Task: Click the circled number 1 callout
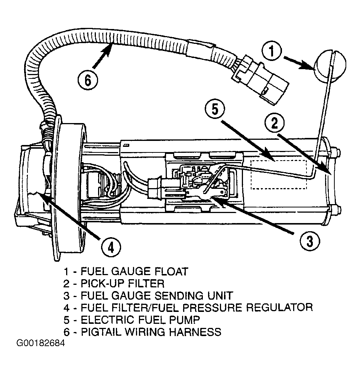click(x=272, y=51)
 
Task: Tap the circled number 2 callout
click(x=275, y=123)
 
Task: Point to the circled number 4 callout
click(x=111, y=248)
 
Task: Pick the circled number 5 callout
click(x=215, y=110)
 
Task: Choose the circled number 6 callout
click(x=88, y=80)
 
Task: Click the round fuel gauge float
click(x=330, y=65)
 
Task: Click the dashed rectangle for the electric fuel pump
click(x=279, y=175)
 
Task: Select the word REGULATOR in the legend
click(x=279, y=307)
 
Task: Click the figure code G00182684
click(x=40, y=343)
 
